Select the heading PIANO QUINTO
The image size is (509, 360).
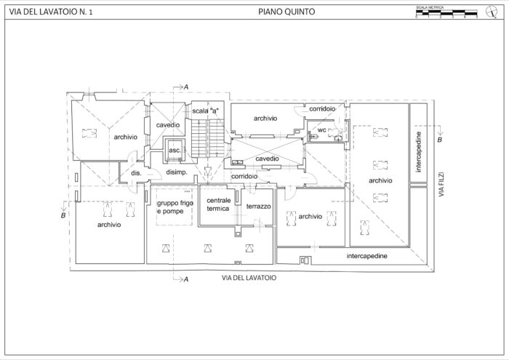pos(286,12)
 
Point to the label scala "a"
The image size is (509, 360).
pos(206,110)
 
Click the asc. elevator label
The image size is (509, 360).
pos(175,151)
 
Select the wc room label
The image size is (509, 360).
pos(321,132)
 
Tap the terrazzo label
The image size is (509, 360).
pos(258,207)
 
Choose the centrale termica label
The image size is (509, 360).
pos(218,204)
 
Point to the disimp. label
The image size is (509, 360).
pos(177,172)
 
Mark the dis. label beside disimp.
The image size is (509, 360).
pos(135,173)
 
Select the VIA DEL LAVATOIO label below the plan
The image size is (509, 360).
pos(249,278)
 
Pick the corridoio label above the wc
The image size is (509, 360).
pos(322,108)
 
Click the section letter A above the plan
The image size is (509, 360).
pos(187,87)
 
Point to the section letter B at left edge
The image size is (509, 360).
pos(63,216)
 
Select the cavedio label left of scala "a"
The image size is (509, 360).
pos(168,125)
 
